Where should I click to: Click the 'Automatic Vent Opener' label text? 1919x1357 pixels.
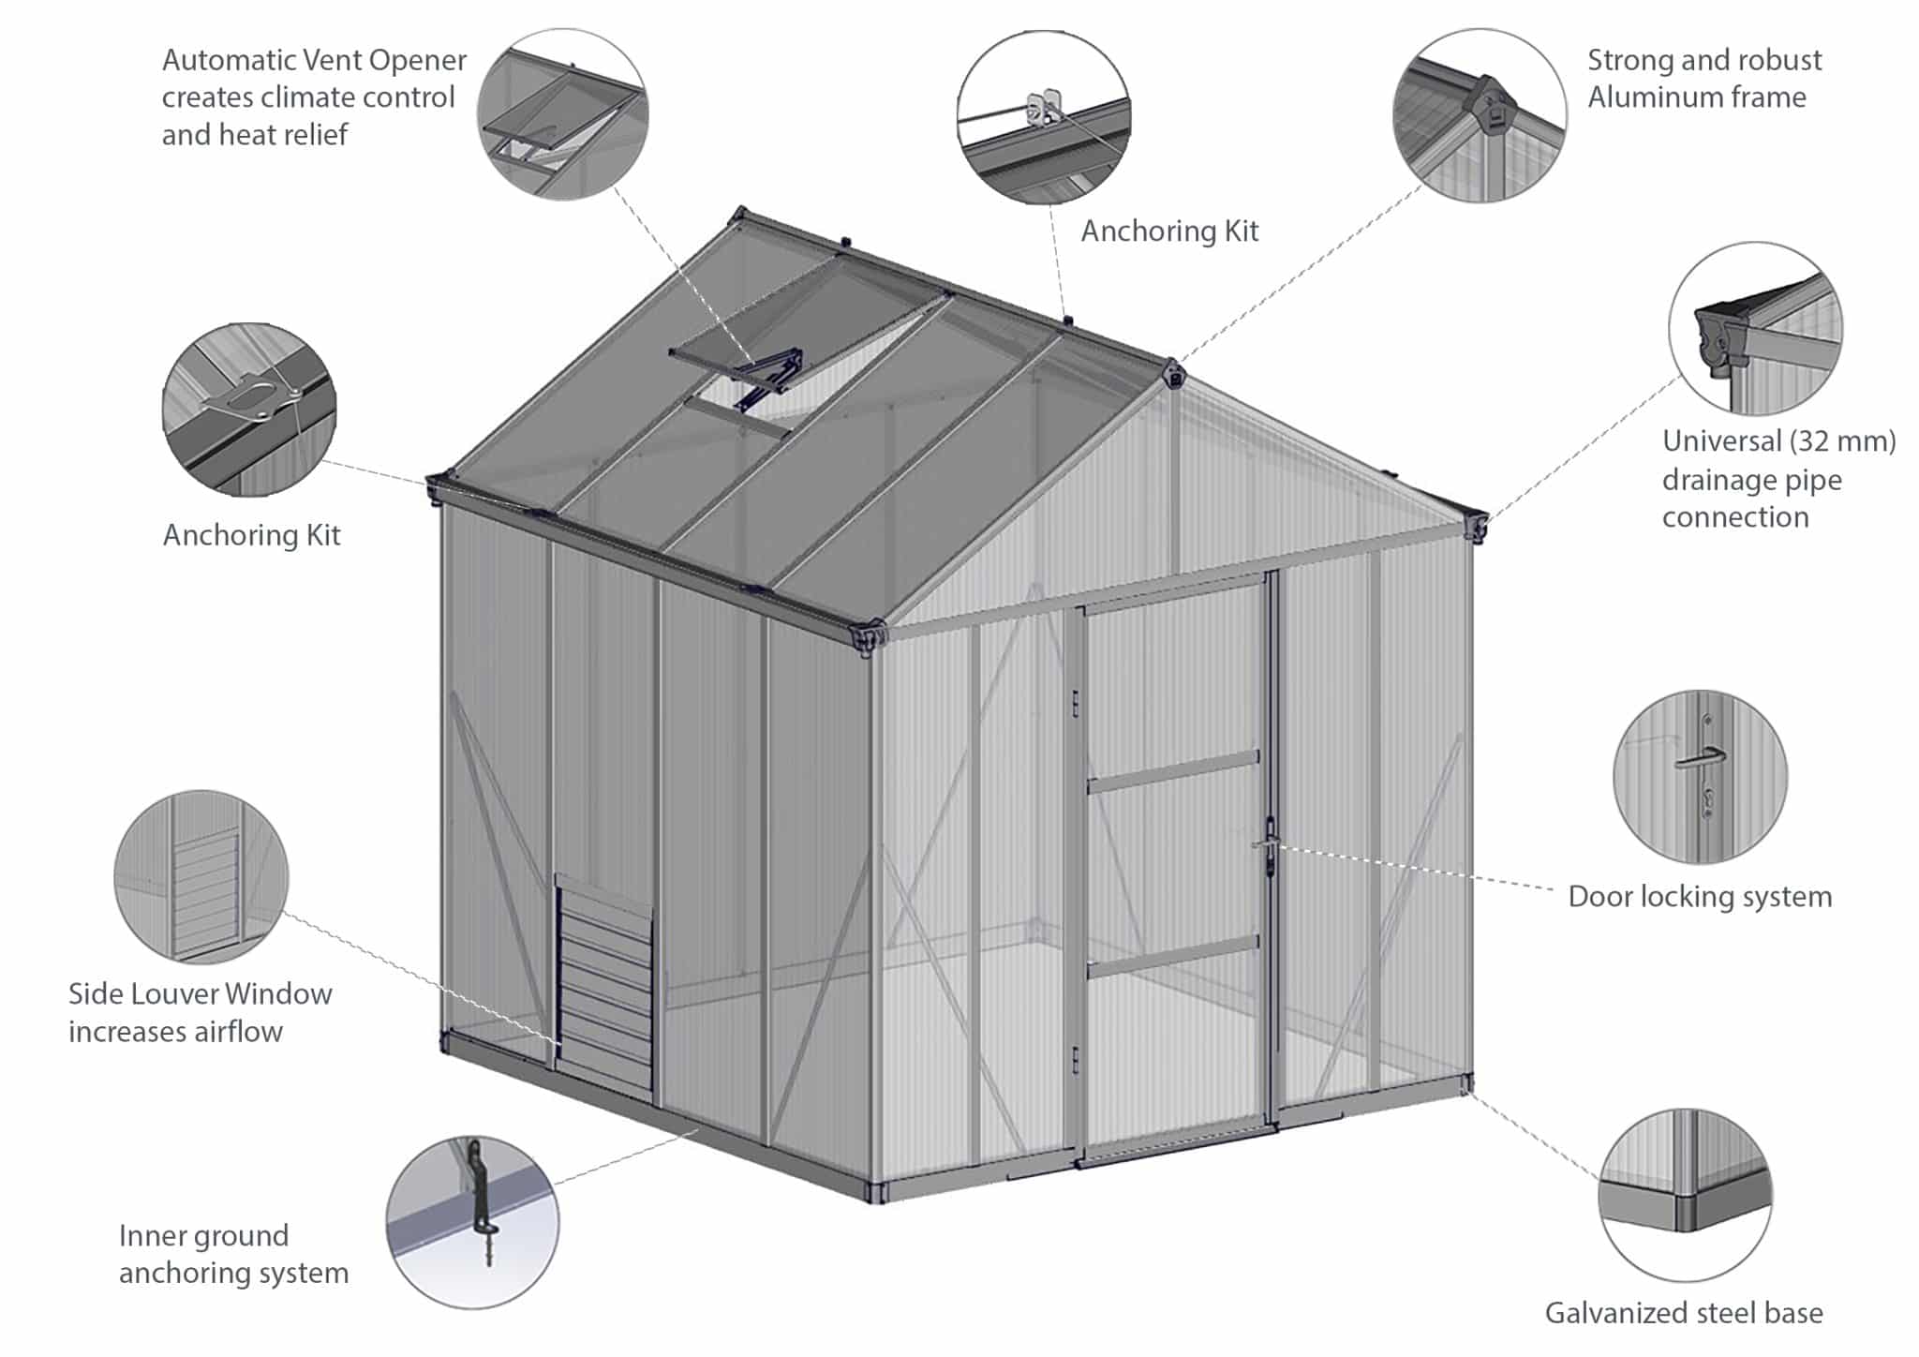pyautogui.click(x=314, y=61)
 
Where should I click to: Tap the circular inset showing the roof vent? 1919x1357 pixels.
pyautogui.click(x=562, y=113)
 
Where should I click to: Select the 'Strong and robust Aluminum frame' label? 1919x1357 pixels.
pyautogui.click(x=1703, y=79)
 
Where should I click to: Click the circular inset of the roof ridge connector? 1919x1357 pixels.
pyautogui.click(x=1480, y=114)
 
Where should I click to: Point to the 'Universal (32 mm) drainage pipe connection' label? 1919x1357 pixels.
pyautogui.click(x=1778, y=479)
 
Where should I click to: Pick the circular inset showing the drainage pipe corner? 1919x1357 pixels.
pyautogui.click(x=1755, y=328)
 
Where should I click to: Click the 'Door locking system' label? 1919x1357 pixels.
pyautogui.click(x=1700, y=897)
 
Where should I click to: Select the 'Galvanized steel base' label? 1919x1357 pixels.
pyautogui.click(x=1684, y=1313)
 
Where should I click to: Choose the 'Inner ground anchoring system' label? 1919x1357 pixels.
pyautogui.click(x=233, y=1254)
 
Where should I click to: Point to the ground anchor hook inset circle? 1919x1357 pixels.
pyautogui.click(x=473, y=1222)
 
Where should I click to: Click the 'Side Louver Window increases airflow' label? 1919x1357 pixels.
pyautogui.click(x=200, y=1012)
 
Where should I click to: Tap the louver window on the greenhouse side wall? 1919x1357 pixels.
pyautogui.click(x=604, y=984)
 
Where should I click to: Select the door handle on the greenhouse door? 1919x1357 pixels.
pyautogui.click(x=1267, y=844)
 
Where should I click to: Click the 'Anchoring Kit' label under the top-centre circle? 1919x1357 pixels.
pyautogui.click(x=1169, y=231)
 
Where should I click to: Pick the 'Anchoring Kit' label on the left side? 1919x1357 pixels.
pyautogui.click(x=251, y=535)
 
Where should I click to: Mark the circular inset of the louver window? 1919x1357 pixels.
pyautogui.click(x=201, y=876)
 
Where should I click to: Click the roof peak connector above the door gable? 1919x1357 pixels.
pyautogui.click(x=1172, y=374)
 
